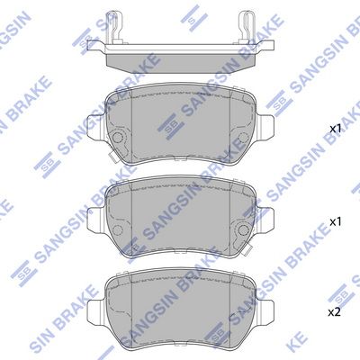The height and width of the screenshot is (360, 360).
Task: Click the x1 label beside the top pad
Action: pos(335,130)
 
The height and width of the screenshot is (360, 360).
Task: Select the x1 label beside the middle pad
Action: pos(335,220)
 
